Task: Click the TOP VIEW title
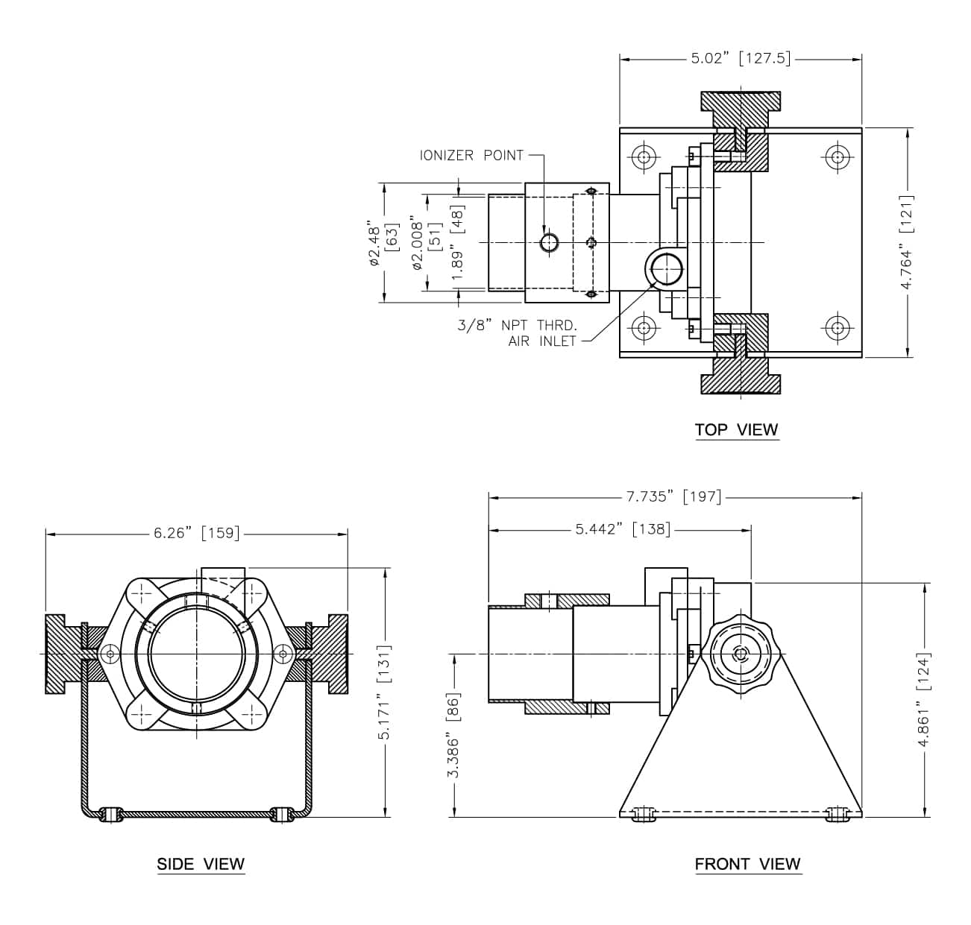point(736,429)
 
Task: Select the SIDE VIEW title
point(201,864)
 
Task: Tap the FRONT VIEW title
point(747,864)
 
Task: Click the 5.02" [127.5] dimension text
point(741,58)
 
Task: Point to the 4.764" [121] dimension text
point(906,243)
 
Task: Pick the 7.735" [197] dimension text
point(673,496)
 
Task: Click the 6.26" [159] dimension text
point(197,533)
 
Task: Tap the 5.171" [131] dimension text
point(384,692)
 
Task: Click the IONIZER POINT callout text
point(471,155)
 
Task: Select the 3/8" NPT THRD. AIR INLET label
point(518,333)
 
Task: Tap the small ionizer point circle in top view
point(550,242)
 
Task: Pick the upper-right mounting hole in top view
point(837,157)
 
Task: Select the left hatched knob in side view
point(65,654)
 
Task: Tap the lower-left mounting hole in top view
point(644,328)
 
